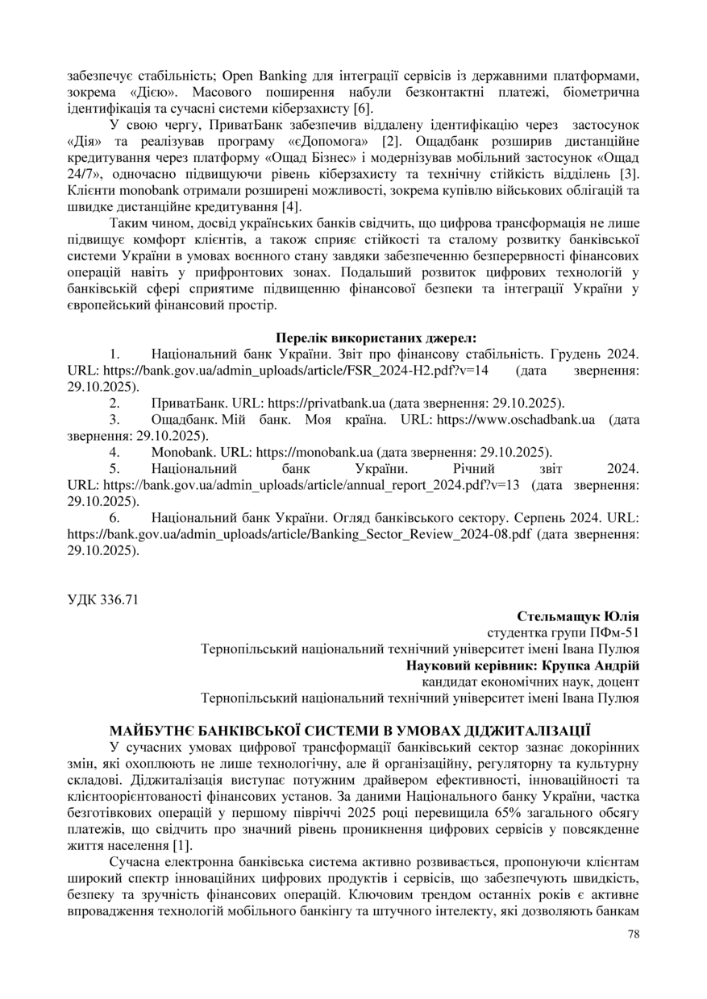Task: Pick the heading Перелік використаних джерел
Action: point(376,338)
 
